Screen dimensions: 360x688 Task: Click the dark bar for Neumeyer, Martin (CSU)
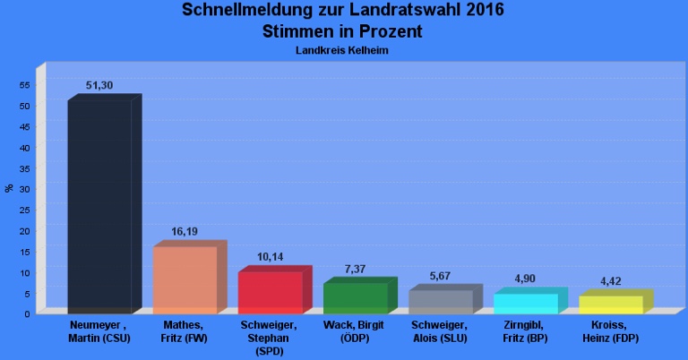pyautogui.click(x=99, y=206)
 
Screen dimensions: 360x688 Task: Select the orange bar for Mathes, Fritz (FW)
pyautogui.click(x=185, y=279)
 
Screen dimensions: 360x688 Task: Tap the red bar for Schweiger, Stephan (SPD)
pyautogui.click(x=270, y=292)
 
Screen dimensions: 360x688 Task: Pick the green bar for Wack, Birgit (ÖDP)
pyautogui.click(x=355, y=297)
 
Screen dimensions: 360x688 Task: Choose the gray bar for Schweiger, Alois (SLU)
pyautogui.click(x=440, y=301)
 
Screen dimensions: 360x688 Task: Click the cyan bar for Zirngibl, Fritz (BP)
pyautogui.click(x=525, y=303)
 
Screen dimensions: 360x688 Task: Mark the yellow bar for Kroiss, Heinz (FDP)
pyautogui.click(x=610, y=304)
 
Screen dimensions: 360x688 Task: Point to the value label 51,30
pyautogui.click(x=99, y=85)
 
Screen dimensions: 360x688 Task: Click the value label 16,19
pyautogui.click(x=185, y=231)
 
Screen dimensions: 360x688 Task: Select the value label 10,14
pyautogui.click(x=270, y=257)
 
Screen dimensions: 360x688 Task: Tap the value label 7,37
pyautogui.click(x=355, y=269)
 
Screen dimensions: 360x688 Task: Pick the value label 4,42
pyautogui.click(x=610, y=281)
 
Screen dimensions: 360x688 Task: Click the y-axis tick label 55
pyautogui.click(x=25, y=85)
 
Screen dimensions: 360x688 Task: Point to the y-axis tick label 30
pyautogui.click(x=25, y=189)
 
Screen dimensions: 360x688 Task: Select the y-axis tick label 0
pyautogui.click(x=28, y=313)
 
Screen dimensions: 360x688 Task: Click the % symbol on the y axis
pyautogui.click(x=9, y=188)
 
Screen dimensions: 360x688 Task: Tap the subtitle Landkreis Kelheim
pyautogui.click(x=341, y=50)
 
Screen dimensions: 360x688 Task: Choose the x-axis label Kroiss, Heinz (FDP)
pyautogui.click(x=610, y=330)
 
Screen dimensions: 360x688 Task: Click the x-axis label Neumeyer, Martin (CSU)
pyautogui.click(x=99, y=330)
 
